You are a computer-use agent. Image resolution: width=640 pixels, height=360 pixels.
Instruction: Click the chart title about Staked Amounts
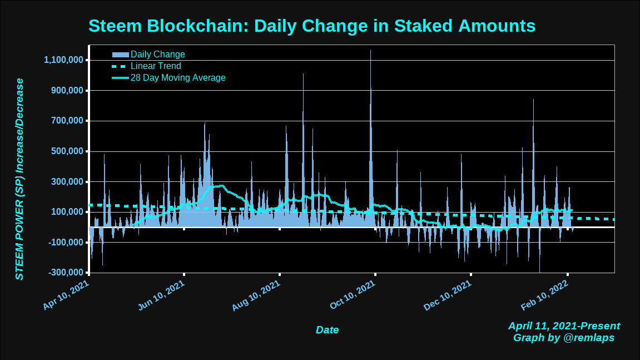click(x=312, y=26)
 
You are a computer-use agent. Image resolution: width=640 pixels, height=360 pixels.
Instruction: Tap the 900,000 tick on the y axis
click(x=67, y=91)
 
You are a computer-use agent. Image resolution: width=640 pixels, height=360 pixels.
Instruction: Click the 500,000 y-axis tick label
click(x=67, y=151)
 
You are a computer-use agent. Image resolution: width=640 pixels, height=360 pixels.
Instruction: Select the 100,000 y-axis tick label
click(x=67, y=212)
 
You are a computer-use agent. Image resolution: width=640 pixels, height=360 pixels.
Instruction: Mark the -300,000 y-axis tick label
click(x=65, y=273)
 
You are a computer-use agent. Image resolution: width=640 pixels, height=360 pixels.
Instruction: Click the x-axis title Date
click(x=327, y=330)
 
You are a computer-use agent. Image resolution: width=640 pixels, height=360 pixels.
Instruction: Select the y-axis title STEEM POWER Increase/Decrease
click(x=20, y=179)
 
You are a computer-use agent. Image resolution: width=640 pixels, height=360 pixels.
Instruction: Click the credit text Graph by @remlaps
click(x=564, y=338)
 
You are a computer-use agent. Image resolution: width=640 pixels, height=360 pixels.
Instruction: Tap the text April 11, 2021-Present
click(x=564, y=326)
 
